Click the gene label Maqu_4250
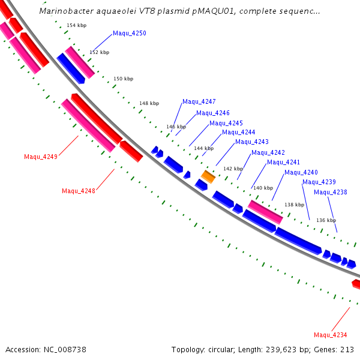(x=129, y=34)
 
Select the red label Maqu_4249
(x=41, y=157)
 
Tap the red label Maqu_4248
(x=79, y=191)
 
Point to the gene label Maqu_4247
(x=199, y=101)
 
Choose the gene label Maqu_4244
(x=239, y=132)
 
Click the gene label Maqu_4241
(x=283, y=162)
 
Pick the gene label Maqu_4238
(x=331, y=192)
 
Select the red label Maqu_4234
(x=331, y=335)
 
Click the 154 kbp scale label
(x=76, y=25)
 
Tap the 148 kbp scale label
(x=149, y=103)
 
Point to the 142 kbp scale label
(x=233, y=169)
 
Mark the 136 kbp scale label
(x=326, y=220)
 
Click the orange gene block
(x=208, y=176)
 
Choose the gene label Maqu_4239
(x=319, y=182)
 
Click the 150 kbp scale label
(x=123, y=79)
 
